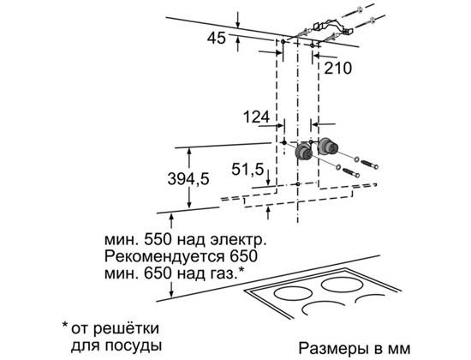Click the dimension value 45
217,39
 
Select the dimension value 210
337,69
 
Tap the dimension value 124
256,117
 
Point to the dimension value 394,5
188,179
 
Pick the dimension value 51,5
247,170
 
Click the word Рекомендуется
164,256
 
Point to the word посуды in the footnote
134,345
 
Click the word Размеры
334,349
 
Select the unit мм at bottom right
399,350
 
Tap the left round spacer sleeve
304,152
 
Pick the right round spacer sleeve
328,147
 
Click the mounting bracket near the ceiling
333,27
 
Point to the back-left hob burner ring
291,292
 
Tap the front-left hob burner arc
325,305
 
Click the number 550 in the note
158,240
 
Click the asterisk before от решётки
65,325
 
